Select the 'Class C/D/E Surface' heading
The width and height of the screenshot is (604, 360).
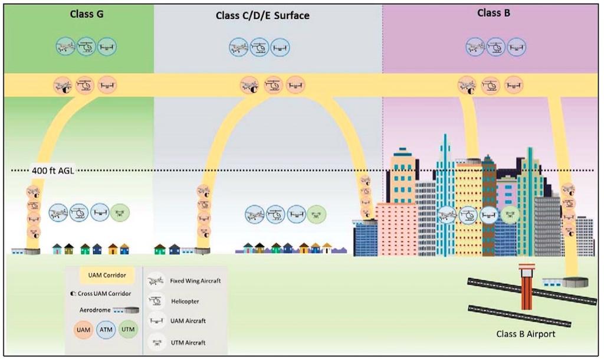click(262, 16)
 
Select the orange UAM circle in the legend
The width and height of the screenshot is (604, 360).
click(84, 330)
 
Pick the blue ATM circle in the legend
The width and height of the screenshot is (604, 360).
click(106, 330)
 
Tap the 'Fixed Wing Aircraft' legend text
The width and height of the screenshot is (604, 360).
click(195, 281)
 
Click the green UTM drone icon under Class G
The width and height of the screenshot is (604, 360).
click(119, 212)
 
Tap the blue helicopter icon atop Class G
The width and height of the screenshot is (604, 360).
click(86, 46)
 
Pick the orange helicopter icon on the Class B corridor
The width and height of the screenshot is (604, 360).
click(490, 86)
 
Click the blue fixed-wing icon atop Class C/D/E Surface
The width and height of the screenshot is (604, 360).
click(239, 47)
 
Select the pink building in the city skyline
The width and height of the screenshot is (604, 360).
click(396, 228)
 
